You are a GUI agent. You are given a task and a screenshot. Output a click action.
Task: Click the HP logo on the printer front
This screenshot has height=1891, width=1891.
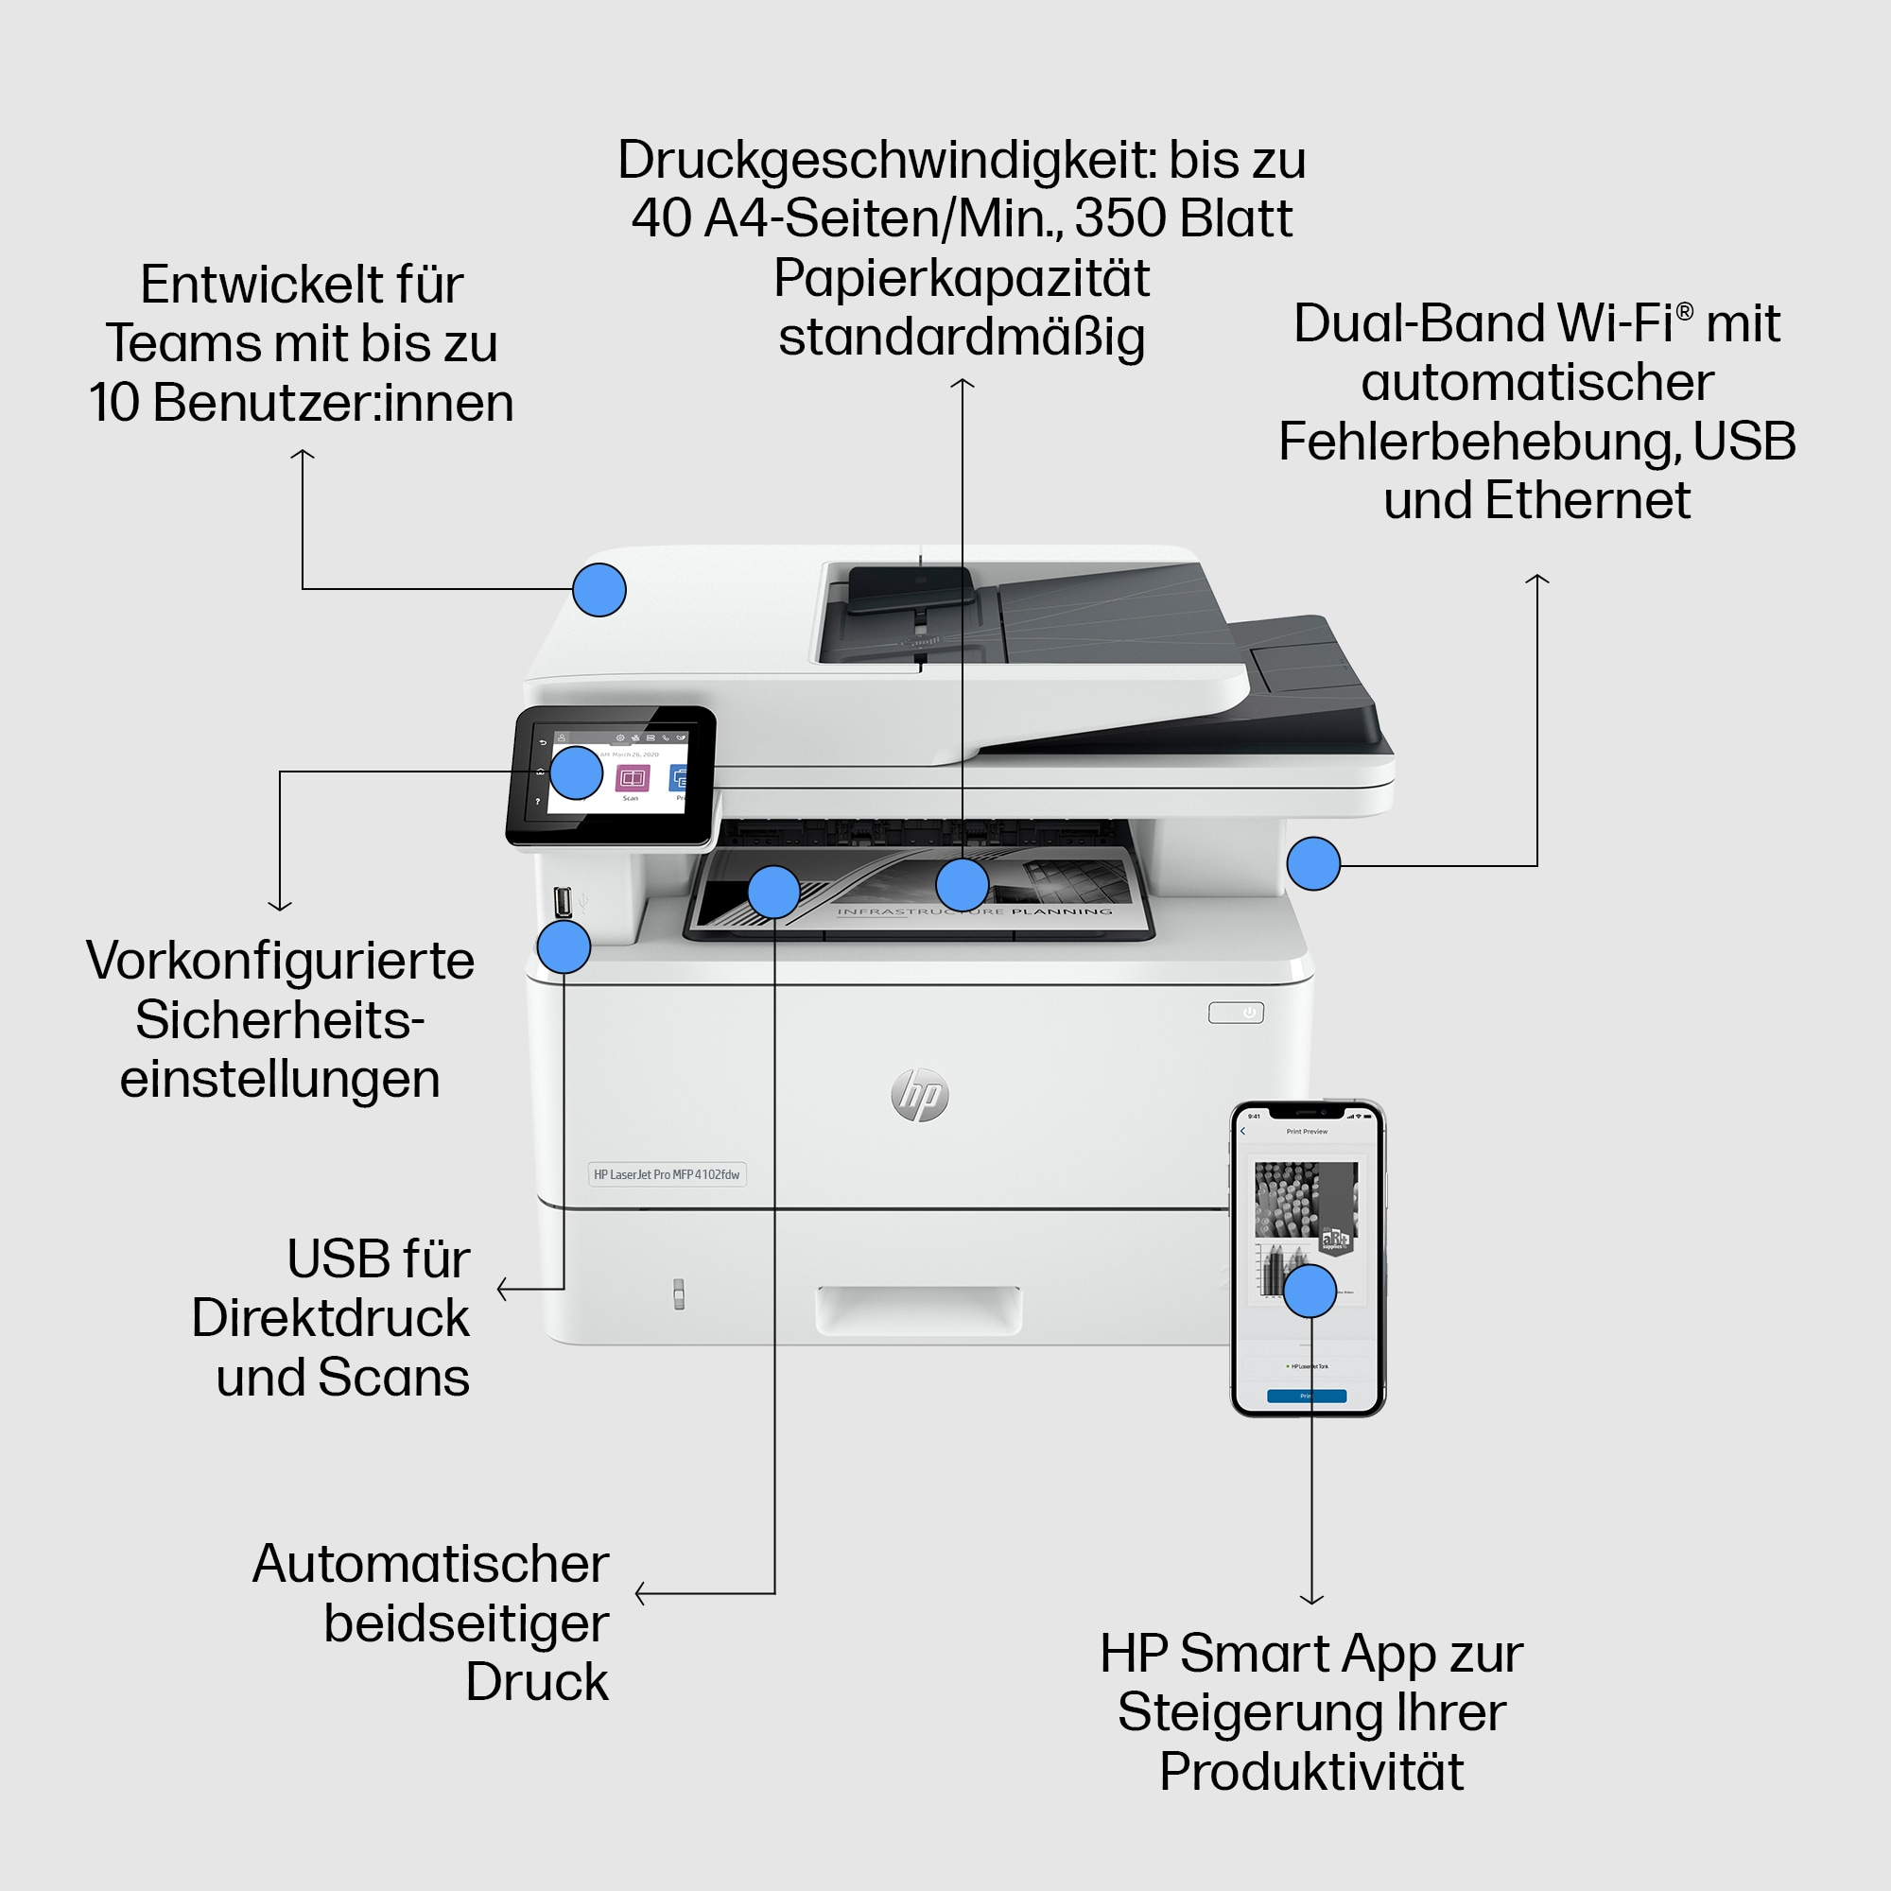pyautogui.click(x=920, y=1095)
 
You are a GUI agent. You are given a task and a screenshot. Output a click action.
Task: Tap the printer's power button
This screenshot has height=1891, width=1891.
pyautogui.click(x=1236, y=1013)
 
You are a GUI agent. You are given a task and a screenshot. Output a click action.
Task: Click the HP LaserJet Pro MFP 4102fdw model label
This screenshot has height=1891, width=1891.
pyautogui.click(x=667, y=1174)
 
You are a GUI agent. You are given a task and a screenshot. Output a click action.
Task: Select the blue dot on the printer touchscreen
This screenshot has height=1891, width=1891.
pyautogui.click(x=576, y=773)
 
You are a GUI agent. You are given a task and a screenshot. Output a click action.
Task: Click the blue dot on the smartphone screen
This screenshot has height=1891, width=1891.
pyautogui.click(x=1310, y=1291)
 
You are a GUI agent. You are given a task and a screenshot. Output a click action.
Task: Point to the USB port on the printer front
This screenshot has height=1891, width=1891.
pyautogui.click(x=562, y=900)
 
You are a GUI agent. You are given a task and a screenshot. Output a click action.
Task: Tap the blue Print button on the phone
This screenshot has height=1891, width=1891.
pyautogui.click(x=1307, y=1396)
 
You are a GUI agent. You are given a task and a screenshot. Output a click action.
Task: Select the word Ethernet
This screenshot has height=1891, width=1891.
pyautogui.click(x=1587, y=500)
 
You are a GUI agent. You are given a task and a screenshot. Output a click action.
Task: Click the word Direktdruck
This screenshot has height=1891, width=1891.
pyautogui.click(x=330, y=1318)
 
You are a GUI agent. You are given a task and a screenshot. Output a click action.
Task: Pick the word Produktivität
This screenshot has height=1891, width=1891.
pyautogui.click(x=1310, y=1771)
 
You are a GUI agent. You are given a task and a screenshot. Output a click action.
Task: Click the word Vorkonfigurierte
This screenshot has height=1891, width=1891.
pyautogui.click(x=280, y=961)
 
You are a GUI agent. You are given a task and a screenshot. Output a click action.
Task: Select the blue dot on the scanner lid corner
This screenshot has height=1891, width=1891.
pyautogui.click(x=599, y=590)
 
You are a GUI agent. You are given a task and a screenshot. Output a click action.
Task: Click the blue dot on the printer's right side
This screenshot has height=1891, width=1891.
pyautogui.click(x=1312, y=863)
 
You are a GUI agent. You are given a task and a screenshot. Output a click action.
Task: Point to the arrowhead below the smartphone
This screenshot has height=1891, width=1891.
pyautogui.click(x=1311, y=1600)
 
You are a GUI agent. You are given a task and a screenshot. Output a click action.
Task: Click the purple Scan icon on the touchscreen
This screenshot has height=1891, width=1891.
pyautogui.click(x=633, y=778)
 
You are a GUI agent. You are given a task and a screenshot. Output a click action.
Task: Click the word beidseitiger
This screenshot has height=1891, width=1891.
pyautogui.click(x=466, y=1622)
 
